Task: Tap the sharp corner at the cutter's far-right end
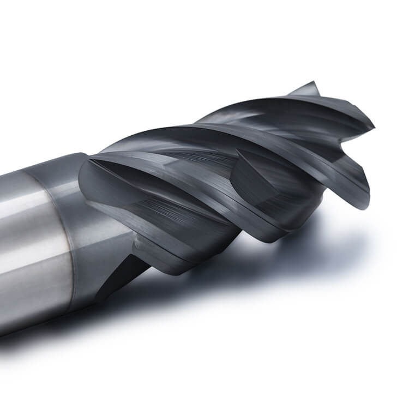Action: point(372,127)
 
